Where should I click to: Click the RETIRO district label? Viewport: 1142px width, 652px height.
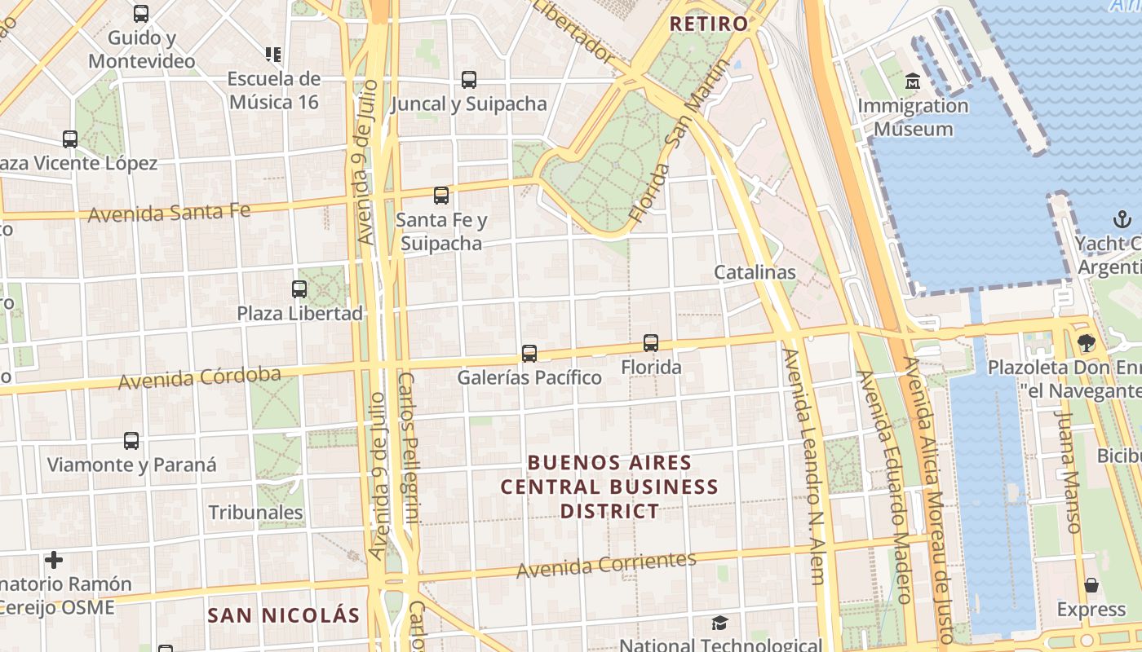point(708,24)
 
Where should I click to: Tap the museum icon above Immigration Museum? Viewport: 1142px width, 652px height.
point(913,81)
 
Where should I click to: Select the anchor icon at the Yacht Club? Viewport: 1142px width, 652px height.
point(1122,219)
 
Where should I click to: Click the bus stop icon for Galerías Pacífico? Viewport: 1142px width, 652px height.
point(529,354)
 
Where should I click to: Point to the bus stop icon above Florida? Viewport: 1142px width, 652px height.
point(650,343)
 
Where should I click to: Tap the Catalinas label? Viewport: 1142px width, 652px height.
point(755,272)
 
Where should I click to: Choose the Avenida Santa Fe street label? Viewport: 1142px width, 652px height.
point(169,214)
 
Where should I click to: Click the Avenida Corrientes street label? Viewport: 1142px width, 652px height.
point(606,564)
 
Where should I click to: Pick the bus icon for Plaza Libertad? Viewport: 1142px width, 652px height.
point(299,289)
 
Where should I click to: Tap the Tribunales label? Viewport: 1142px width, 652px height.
point(255,513)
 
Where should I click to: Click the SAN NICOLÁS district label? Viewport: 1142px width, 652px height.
point(283,615)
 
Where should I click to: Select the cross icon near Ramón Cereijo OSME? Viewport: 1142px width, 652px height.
point(54,560)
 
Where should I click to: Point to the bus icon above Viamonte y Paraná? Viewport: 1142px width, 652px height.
point(131,441)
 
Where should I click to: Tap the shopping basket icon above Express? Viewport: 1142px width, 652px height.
point(1091,585)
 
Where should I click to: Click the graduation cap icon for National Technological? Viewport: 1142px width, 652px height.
point(719,623)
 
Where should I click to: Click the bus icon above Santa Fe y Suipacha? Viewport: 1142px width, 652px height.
point(441,196)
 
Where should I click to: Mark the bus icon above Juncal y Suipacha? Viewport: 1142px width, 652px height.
point(469,80)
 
